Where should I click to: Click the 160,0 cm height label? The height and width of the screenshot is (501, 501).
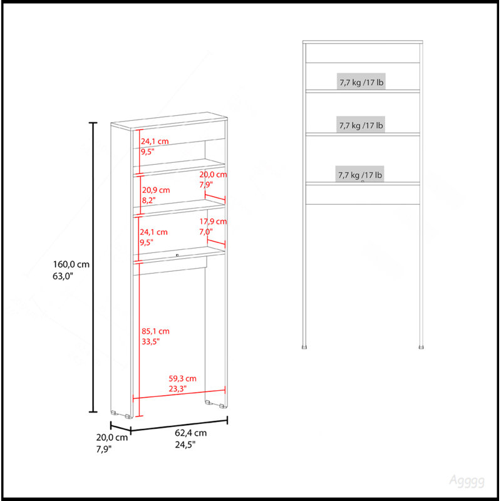point(71,270)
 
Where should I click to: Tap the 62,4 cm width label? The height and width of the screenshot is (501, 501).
point(191,438)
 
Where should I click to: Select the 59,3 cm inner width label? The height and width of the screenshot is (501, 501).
point(182,383)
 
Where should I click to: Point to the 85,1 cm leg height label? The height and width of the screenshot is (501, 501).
point(155,336)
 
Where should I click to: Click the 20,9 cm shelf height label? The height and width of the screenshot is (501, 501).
point(156,195)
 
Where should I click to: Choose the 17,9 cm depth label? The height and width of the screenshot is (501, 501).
point(213,226)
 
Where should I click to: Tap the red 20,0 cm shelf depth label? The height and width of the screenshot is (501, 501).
point(213,179)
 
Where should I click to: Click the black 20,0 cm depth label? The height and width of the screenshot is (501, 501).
point(112,443)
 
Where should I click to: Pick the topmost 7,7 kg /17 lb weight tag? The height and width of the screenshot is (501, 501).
point(361,82)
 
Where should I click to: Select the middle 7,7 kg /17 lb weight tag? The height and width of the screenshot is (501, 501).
point(361,125)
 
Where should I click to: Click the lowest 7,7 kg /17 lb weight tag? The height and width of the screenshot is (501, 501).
point(359,175)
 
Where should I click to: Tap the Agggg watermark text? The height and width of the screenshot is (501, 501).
point(467,481)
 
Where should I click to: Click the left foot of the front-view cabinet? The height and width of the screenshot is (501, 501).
point(304,346)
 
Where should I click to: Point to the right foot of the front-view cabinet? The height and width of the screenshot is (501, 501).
point(421,346)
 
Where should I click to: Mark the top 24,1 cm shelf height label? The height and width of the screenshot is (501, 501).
point(155,146)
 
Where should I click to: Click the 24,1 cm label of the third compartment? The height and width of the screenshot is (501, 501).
point(153,237)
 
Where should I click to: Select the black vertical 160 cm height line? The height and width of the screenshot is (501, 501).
point(93,267)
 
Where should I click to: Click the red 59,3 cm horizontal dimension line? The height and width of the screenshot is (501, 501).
point(179,394)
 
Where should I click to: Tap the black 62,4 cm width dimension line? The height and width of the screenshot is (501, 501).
point(179,425)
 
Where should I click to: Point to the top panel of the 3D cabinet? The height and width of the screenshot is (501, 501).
point(169,121)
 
